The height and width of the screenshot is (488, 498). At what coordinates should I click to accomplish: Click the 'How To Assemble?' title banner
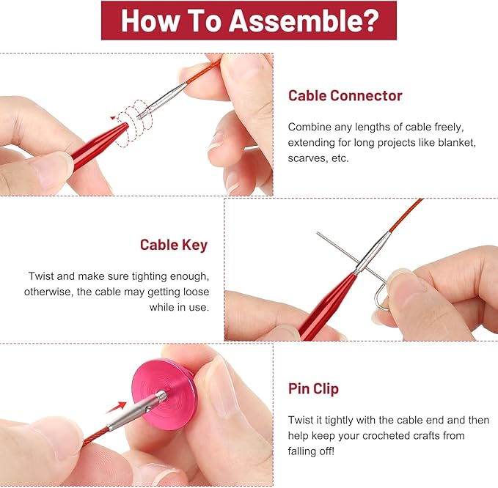[249, 21]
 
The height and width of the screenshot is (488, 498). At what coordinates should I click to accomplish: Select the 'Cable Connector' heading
[345, 96]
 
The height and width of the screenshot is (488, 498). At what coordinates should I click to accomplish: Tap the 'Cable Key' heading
[174, 245]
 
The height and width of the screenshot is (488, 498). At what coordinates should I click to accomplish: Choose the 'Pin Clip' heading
[312, 388]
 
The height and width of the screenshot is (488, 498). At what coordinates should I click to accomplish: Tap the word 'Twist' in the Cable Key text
[43, 276]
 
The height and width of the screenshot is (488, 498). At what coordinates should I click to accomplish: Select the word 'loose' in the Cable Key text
[194, 292]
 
